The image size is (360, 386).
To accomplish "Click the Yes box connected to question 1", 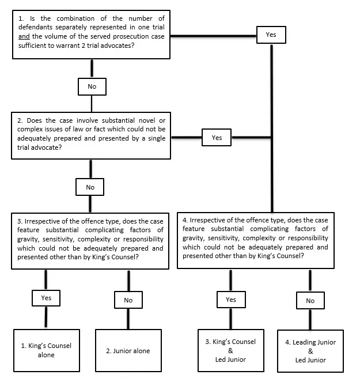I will [271, 35].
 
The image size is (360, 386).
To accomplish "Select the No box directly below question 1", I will [92, 86].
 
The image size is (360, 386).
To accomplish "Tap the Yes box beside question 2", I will [217, 138].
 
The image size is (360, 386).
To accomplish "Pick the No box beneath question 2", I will [90, 187].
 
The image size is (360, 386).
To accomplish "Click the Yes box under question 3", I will [46, 298].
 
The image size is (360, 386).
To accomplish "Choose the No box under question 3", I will [128, 300].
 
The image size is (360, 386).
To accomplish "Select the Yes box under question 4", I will [230, 300].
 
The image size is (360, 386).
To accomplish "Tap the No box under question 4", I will [310, 300].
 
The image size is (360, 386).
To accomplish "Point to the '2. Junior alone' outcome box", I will [128, 350].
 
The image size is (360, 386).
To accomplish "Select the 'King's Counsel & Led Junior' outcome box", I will [230, 350].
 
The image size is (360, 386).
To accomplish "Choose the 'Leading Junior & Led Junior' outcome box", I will [310, 350].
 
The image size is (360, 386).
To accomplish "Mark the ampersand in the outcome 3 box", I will [230, 350].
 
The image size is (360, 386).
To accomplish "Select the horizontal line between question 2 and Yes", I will [187, 138].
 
